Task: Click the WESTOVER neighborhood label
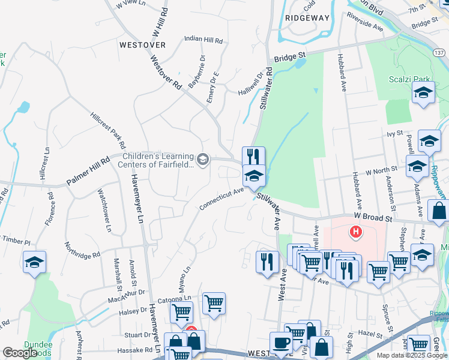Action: click(142, 45)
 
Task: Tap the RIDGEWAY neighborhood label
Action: click(307, 18)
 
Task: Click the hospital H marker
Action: click(356, 231)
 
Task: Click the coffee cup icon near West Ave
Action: click(281, 343)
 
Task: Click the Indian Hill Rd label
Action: click(203, 39)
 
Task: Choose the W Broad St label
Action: click(372, 218)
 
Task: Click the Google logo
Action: click(20, 353)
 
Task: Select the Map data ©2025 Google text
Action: click(412, 355)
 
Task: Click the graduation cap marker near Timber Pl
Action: click(34, 262)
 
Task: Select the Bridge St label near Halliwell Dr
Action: click(291, 57)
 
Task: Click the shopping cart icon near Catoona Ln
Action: click(214, 303)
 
